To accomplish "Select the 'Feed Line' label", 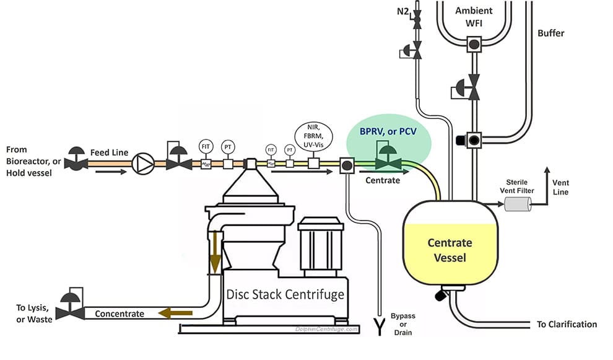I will [x=109, y=152].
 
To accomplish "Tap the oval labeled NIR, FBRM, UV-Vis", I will [x=315, y=136].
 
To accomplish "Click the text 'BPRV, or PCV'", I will [x=388, y=131].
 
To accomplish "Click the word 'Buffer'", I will [x=551, y=32].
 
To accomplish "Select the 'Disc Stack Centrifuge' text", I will [x=285, y=294].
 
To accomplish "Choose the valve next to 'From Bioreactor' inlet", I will [x=76, y=162].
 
